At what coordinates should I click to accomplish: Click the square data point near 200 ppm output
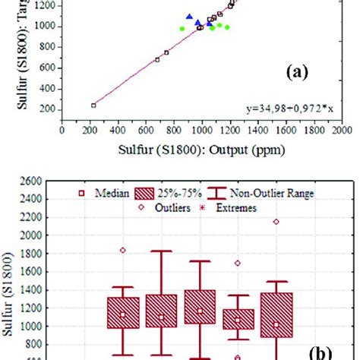93,105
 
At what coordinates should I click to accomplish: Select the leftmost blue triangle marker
189,17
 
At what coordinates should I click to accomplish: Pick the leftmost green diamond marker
182,28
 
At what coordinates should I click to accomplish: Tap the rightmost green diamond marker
227,27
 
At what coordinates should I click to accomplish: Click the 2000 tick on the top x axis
341,130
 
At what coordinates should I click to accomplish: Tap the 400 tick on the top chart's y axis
45,88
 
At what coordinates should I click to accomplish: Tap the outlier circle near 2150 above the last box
276,221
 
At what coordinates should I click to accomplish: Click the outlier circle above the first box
123,250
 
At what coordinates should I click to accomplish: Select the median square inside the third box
201,311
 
